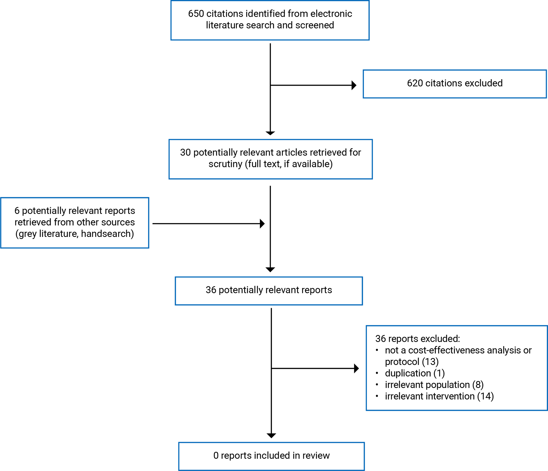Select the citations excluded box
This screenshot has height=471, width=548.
pyautogui.click(x=454, y=84)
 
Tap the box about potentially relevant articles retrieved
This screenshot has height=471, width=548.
pyautogui.click(x=270, y=159)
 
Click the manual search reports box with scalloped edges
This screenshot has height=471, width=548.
pyautogui.click(x=74, y=223)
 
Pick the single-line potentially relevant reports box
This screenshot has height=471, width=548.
pyautogui.click(x=269, y=290)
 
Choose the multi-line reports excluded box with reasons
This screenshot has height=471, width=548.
pyautogui.click(x=454, y=368)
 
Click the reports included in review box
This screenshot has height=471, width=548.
pyautogui.click(x=271, y=456)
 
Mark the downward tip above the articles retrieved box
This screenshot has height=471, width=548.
pyautogui.click(x=270, y=136)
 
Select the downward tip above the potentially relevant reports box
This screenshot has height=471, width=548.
pyautogui.click(x=270, y=273)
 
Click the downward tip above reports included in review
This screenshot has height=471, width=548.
pyautogui.click(x=271, y=439)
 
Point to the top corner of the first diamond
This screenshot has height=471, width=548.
pyautogui.click(x=270, y=43)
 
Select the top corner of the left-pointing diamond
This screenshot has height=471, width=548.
pyautogui.click(x=270, y=183)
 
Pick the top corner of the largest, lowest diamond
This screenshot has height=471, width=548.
pyautogui.click(x=271, y=308)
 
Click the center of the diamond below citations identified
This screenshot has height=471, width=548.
pyautogui.click(x=270, y=89)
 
